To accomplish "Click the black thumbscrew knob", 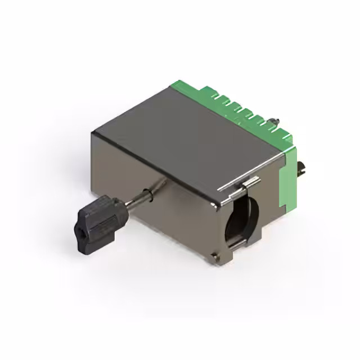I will (x=96, y=222).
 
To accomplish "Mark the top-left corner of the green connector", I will (x=172, y=86).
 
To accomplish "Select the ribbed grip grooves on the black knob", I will (x=105, y=217).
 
